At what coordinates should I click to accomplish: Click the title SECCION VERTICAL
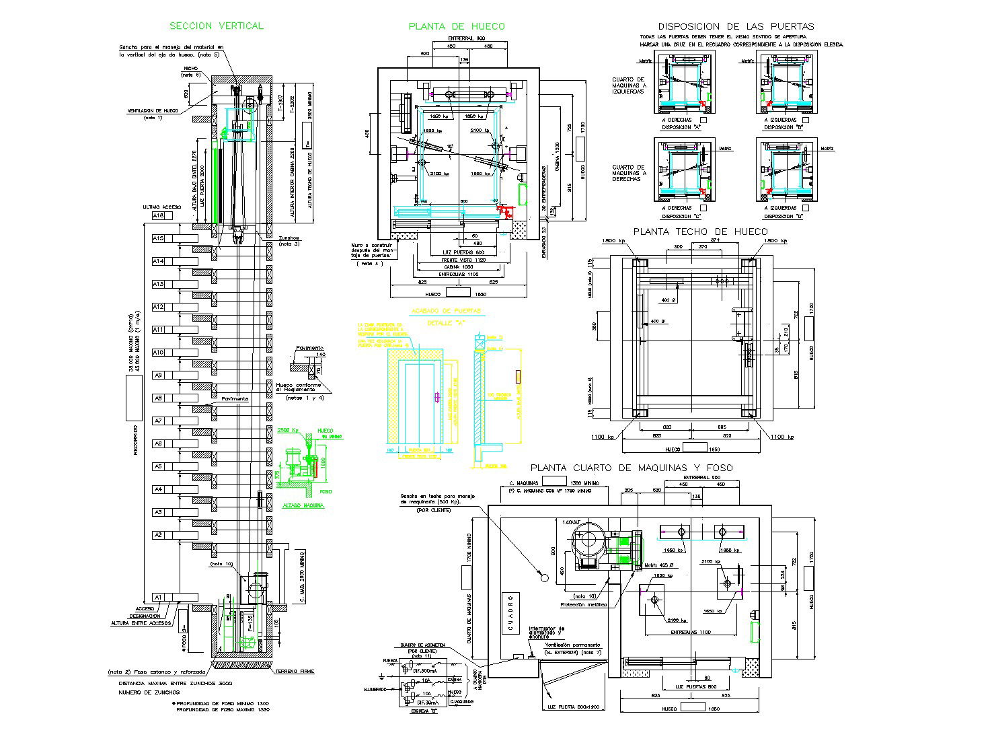click(x=216, y=26)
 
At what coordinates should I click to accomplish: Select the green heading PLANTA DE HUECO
click(x=457, y=26)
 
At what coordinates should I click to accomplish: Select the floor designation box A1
click(x=159, y=597)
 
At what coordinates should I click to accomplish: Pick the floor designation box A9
click(x=159, y=375)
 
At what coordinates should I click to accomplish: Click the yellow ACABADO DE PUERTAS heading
click(x=446, y=312)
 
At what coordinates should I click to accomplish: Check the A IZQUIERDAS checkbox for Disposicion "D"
click(x=806, y=209)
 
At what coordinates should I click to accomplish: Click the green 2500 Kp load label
click(x=287, y=429)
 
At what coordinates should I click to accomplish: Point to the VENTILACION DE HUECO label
click(x=153, y=110)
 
